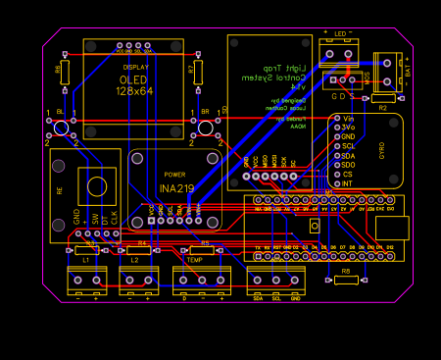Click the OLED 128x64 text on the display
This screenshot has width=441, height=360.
[134, 85]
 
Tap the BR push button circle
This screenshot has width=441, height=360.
[206, 127]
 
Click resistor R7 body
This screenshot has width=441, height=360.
[198, 72]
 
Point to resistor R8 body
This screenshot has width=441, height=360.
[346, 280]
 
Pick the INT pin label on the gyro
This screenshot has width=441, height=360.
[346, 183]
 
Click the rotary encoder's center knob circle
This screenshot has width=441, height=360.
[96, 186]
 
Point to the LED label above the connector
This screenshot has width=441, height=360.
[340, 33]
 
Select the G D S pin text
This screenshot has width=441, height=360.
[342, 96]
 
